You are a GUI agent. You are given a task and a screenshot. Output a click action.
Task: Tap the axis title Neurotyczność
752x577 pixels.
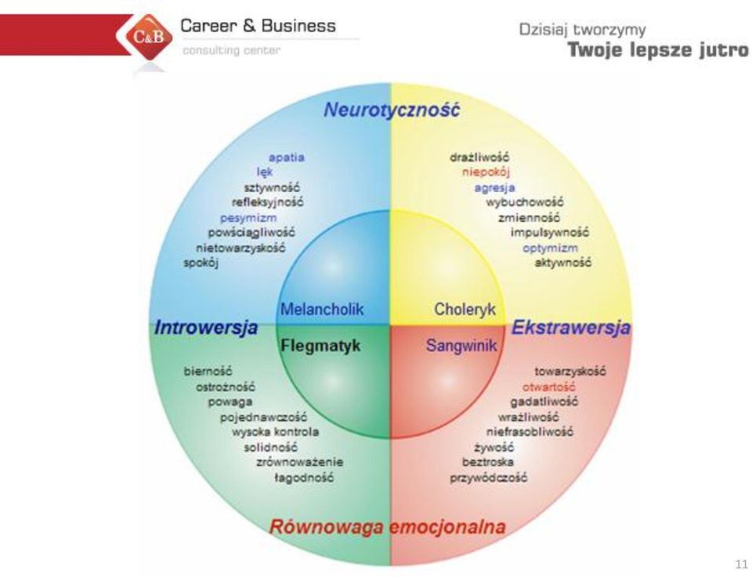pos(392,110)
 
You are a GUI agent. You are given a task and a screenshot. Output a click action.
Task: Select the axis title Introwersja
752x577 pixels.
pos(206,328)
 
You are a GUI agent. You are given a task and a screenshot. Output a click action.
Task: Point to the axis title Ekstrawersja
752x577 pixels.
pos(571,328)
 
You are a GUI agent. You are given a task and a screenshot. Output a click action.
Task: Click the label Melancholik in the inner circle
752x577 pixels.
pos(322,309)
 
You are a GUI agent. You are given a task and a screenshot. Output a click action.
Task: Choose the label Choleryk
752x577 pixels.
pos(465,310)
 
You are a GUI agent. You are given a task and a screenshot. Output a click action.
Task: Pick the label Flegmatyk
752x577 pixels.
pos(320,346)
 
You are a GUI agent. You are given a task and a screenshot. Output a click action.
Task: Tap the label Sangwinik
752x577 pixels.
pos(461,346)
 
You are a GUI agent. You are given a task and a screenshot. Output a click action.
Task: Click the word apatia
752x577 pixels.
pos(287,158)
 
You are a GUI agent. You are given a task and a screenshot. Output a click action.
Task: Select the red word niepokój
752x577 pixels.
pos(486,172)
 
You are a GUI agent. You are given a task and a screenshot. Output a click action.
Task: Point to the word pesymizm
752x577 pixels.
pos(248,219)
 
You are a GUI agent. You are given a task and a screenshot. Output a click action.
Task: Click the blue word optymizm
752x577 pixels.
pos(550,249)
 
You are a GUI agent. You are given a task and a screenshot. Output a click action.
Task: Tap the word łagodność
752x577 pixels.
pos(304,478)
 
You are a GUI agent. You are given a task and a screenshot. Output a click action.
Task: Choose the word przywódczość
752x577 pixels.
pos(488,478)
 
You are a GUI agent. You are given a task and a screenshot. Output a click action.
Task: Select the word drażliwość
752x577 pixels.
pos(479,158)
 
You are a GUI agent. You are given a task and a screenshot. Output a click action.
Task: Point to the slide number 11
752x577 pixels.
pos(742,564)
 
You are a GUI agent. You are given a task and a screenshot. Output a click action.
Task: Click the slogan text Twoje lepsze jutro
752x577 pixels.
pos(658,50)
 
